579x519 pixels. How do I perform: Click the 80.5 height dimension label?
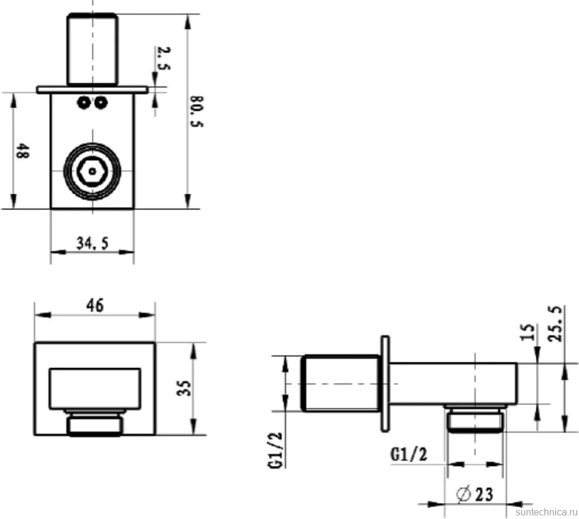tap(196, 112)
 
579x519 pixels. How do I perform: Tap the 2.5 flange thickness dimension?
tap(164, 58)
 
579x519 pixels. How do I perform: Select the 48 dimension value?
tap(21, 151)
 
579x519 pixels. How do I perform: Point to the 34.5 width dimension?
tap(93, 243)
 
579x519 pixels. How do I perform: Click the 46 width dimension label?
tap(95, 306)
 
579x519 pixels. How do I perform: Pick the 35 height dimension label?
tap(184, 388)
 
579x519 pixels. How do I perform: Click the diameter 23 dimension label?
tap(475, 495)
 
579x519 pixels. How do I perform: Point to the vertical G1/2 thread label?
tap(276, 450)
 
